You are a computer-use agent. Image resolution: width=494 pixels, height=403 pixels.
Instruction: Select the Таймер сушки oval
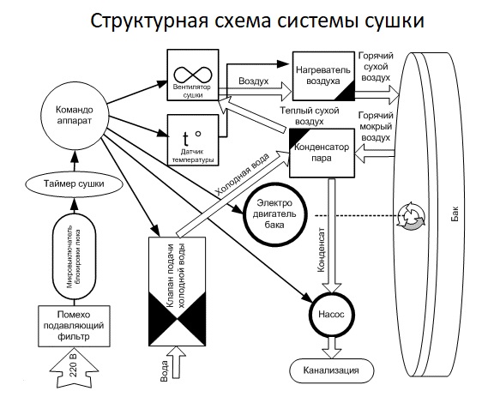point(74,183)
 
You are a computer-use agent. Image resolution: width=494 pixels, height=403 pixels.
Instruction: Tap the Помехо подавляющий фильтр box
point(74,326)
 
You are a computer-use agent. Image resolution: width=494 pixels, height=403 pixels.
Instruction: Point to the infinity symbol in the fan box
point(192,75)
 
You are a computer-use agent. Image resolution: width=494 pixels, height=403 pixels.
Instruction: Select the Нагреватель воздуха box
point(323,76)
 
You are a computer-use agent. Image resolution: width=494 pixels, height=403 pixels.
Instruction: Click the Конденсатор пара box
point(322,153)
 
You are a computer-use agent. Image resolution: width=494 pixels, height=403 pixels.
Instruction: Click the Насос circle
point(332,315)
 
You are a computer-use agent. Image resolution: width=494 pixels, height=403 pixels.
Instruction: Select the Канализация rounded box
point(331,370)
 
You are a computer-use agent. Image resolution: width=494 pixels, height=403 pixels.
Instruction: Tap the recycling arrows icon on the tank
point(411,216)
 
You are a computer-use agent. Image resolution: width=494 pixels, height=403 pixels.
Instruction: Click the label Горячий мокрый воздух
point(376,127)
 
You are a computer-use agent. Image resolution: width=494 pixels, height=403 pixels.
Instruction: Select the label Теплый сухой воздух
point(310,116)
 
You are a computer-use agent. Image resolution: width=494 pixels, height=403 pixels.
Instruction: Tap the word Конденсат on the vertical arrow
point(321,250)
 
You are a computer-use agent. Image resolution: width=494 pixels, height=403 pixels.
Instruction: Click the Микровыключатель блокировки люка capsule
point(74,256)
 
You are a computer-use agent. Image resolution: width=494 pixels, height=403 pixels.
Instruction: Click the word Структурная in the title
point(149,21)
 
